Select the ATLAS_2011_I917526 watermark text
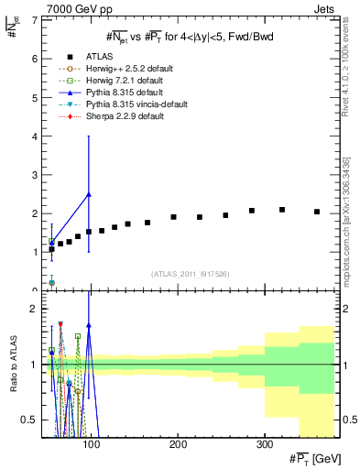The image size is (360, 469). (x=190, y=274)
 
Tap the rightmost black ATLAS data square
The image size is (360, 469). (x=317, y=212)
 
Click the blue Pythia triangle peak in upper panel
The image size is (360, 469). (x=89, y=194)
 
